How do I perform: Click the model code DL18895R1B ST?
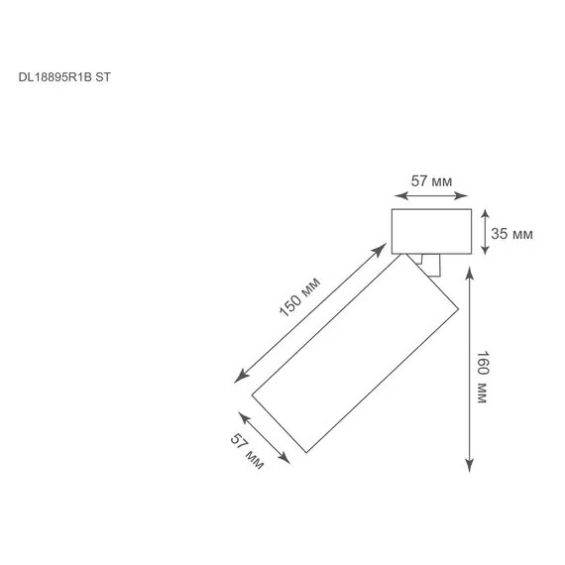[64, 77]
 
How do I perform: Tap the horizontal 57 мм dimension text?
[431, 180]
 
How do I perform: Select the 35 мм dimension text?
[511, 234]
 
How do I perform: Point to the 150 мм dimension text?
[299, 297]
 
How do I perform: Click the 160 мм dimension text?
[482, 377]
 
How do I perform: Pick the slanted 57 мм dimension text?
[247, 451]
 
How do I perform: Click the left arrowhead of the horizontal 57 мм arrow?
[401, 195]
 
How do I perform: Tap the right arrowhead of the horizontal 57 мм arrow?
[461, 195]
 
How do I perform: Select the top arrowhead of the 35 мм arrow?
[485, 215]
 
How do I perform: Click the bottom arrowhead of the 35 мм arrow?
[485, 248]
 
